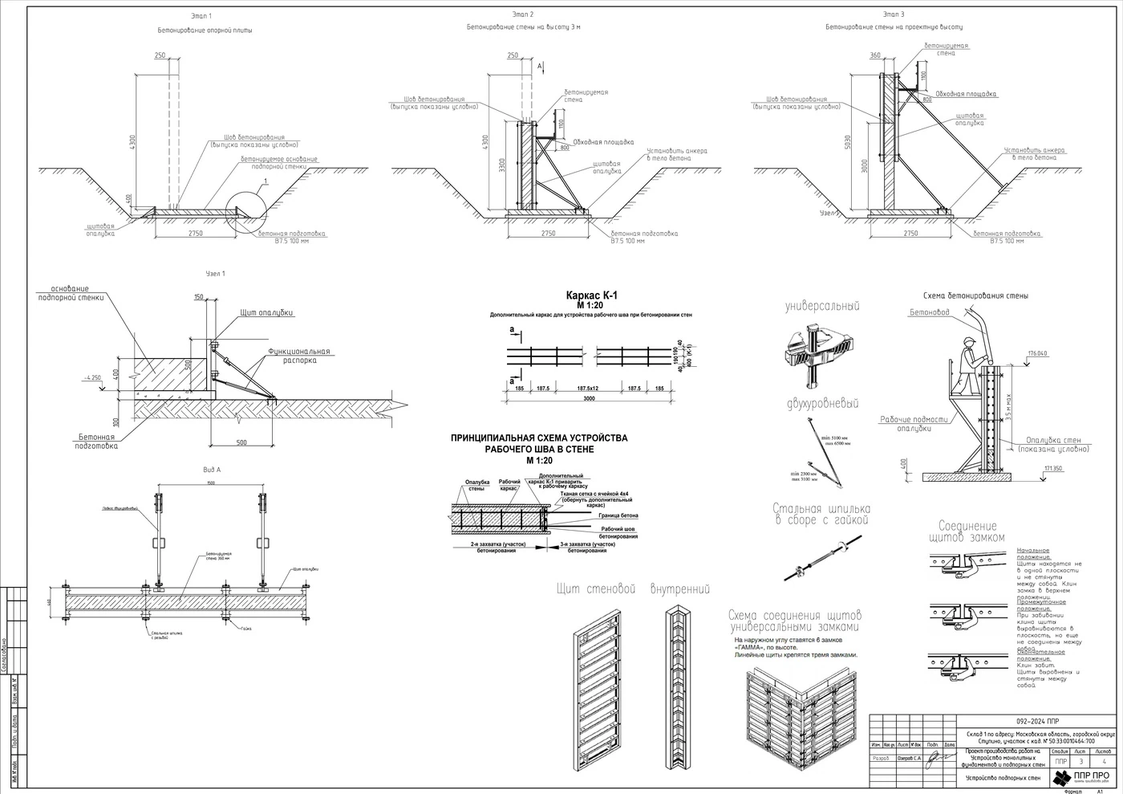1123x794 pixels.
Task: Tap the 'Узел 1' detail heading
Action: coord(216,274)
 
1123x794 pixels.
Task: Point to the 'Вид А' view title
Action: coord(212,470)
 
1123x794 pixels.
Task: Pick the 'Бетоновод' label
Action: coord(930,312)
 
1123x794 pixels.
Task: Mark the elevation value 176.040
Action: coord(1038,353)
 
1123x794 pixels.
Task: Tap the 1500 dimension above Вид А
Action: coord(210,483)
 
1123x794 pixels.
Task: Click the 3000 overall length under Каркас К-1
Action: coord(590,398)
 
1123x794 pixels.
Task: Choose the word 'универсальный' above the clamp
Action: coord(822,306)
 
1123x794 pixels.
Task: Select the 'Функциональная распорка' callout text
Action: coord(299,356)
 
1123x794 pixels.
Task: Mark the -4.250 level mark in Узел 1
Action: coord(91,377)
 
